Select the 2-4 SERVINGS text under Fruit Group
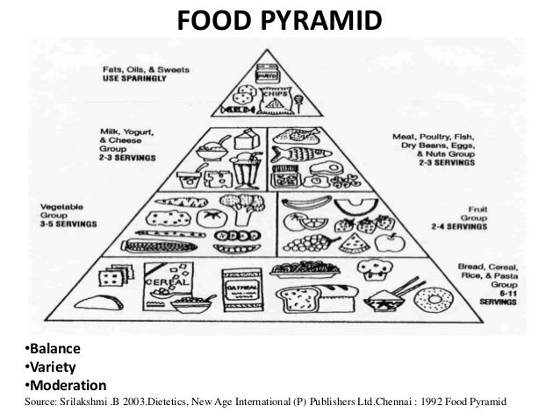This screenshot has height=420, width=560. pyautogui.click(x=460, y=226)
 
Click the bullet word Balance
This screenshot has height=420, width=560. pyautogui.click(x=52, y=352)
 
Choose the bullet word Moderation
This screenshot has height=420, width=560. pyautogui.click(x=61, y=385)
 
